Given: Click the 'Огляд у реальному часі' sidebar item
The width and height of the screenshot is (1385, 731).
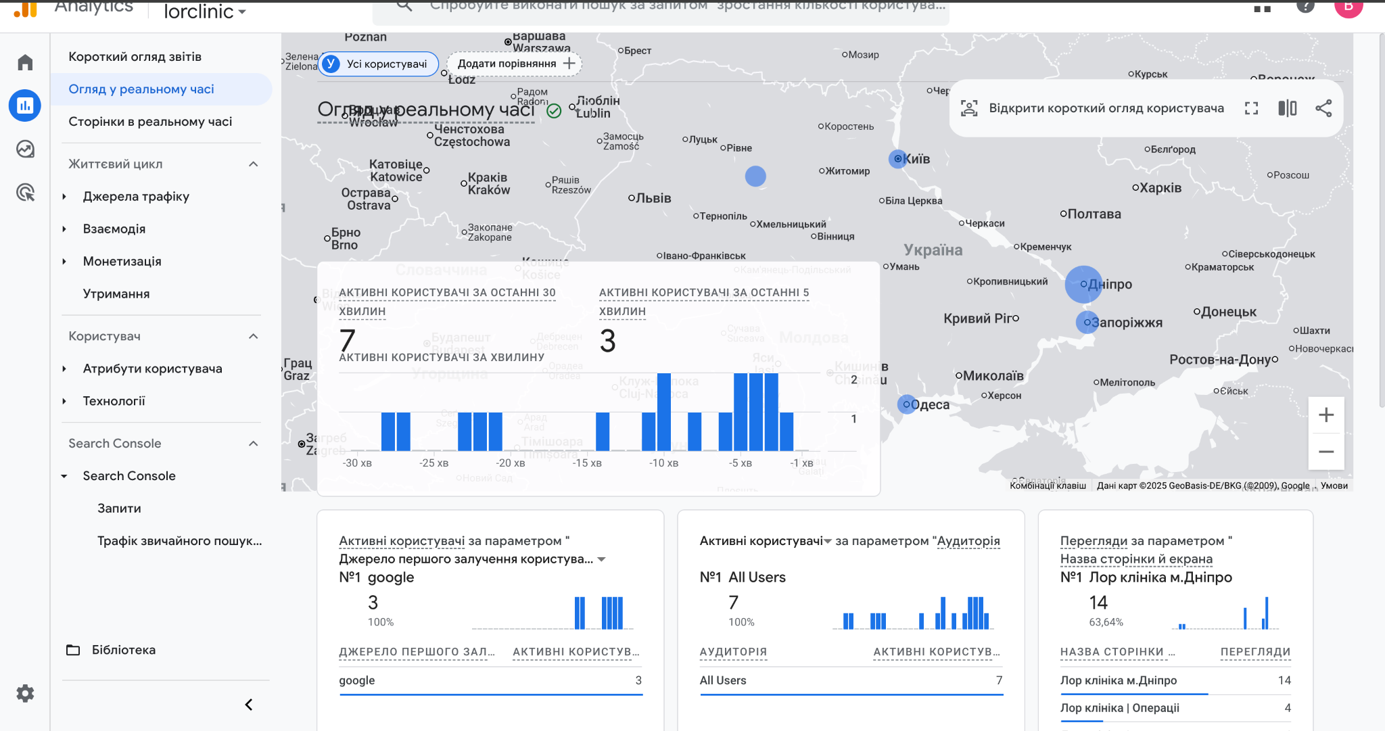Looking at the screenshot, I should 141,89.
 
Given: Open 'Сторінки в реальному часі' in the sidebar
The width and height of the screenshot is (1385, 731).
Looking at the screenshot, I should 150,122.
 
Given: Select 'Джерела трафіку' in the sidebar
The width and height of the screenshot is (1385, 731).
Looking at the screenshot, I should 136,197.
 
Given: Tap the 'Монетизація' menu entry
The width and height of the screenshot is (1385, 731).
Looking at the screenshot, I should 122,262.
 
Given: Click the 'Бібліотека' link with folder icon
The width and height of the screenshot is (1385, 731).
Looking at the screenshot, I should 123,650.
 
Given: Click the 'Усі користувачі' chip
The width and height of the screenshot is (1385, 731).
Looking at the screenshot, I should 379,64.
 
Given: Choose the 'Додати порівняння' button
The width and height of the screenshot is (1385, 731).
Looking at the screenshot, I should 515,64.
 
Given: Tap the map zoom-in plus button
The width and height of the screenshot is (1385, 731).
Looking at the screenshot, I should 1325,415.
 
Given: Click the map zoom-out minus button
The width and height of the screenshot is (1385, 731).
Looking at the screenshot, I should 1325,452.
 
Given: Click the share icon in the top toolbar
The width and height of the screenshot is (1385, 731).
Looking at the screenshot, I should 1323,108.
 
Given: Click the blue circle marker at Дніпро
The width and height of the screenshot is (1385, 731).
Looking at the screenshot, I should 1083,285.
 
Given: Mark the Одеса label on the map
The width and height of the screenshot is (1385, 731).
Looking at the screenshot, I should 930,405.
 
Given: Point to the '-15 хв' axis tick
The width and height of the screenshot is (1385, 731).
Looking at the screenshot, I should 587,463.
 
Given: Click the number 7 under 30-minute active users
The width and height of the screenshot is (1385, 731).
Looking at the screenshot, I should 348,340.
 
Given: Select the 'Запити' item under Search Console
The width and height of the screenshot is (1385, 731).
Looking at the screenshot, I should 119,509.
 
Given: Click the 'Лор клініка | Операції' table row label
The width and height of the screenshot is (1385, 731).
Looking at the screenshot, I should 1119,708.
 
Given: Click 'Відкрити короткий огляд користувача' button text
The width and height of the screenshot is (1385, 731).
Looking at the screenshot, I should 1106,108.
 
